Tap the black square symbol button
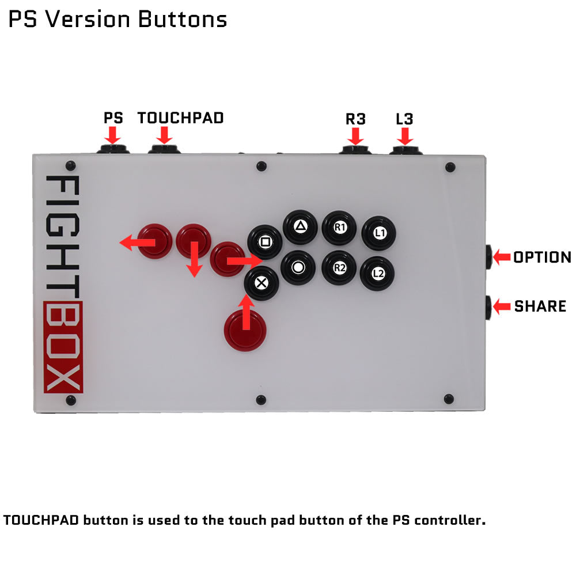pyautogui.click(x=264, y=241)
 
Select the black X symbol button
pyautogui.click(x=261, y=282)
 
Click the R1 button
pyautogui.click(x=339, y=227)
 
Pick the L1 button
pyautogui.click(x=378, y=233)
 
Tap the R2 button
pyautogui.click(x=339, y=267)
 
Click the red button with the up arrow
pyautogui.click(x=247, y=328)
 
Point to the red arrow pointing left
pyautogui.click(x=137, y=243)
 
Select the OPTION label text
pyautogui.click(x=542, y=257)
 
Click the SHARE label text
pyautogui.click(x=540, y=306)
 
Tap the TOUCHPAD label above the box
pyautogui.click(x=180, y=118)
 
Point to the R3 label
pyautogui.click(x=355, y=119)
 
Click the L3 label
pyautogui.click(x=404, y=119)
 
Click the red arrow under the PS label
pyautogui.click(x=113, y=136)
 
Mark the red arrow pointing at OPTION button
pyautogui.click(x=502, y=256)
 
